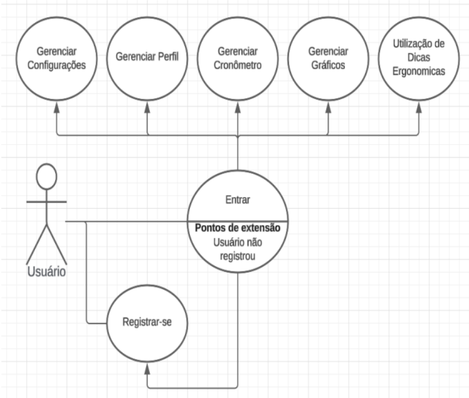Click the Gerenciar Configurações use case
[x=56, y=58]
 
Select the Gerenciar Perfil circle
[x=147, y=58]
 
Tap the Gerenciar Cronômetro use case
[x=238, y=58]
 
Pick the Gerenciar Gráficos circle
[x=328, y=58]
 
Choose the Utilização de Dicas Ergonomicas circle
[x=418, y=58]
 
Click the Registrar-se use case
[x=147, y=323]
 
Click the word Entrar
[x=238, y=200]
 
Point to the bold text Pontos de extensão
[x=238, y=228]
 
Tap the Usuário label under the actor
[x=46, y=272]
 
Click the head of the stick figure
[x=46, y=176]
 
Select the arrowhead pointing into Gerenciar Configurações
[x=56, y=107]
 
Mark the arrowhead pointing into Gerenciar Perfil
[x=147, y=107]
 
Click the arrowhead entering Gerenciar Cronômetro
[x=238, y=107]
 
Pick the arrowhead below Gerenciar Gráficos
[x=328, y=107]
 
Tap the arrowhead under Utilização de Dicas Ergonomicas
[x=418, y=107]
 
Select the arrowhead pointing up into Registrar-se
[x=147, y=369]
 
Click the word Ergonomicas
[x=418, y=72]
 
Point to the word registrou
[x=238, y=256]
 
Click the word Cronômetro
[x=238, y=65]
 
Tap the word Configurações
[x=56, y=65]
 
